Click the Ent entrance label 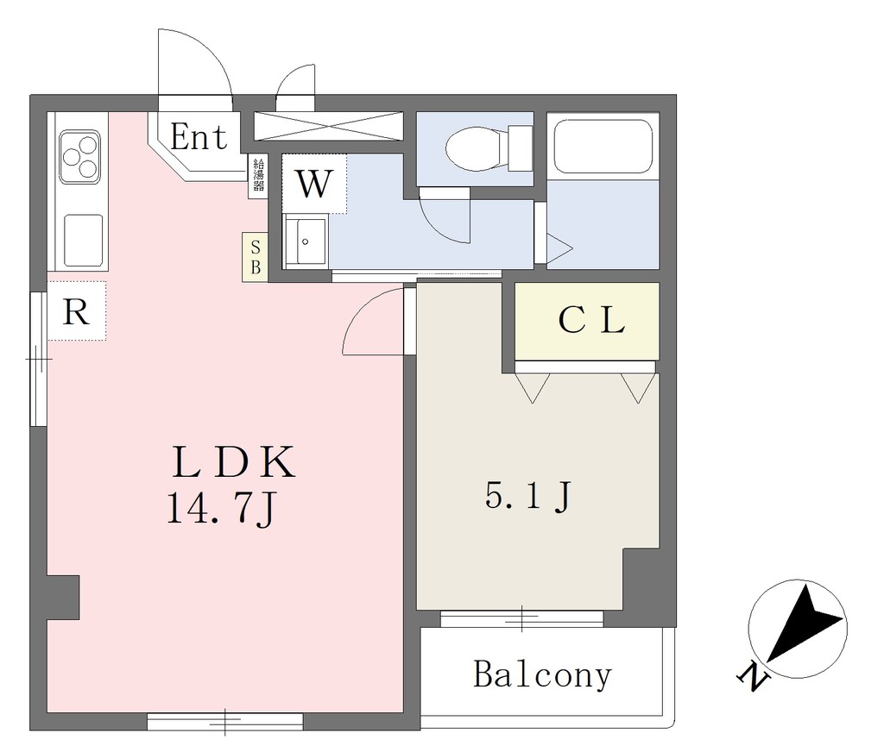coord(198,137)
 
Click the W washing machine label coord(313,183)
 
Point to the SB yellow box coord(255,256)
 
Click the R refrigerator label coord(77,311)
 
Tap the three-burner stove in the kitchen coord(79,155)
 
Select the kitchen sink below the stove coord(83,240)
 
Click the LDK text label coord(234,464)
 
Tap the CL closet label coord(590,321)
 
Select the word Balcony coord(542,674)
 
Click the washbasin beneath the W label coord(306,242)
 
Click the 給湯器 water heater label coord(258,177)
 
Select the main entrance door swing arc coord(197,65)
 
